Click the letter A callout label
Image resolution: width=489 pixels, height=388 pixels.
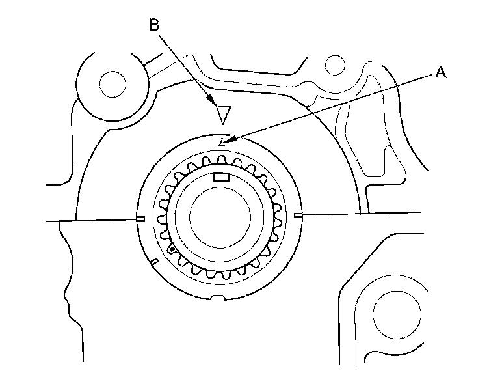[440, 74]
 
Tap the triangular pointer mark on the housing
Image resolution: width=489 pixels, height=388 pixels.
[223, 114]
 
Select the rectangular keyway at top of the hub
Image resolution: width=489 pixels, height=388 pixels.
[222, 176]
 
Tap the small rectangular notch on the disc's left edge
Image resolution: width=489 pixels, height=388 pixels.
[140, 219]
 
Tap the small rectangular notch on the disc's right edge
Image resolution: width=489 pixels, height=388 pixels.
[298, 215]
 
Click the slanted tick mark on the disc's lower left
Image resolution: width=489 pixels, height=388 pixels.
[154, 262]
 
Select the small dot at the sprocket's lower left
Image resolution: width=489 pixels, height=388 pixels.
[171, 249]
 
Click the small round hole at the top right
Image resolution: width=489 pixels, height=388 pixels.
[334, 64]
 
